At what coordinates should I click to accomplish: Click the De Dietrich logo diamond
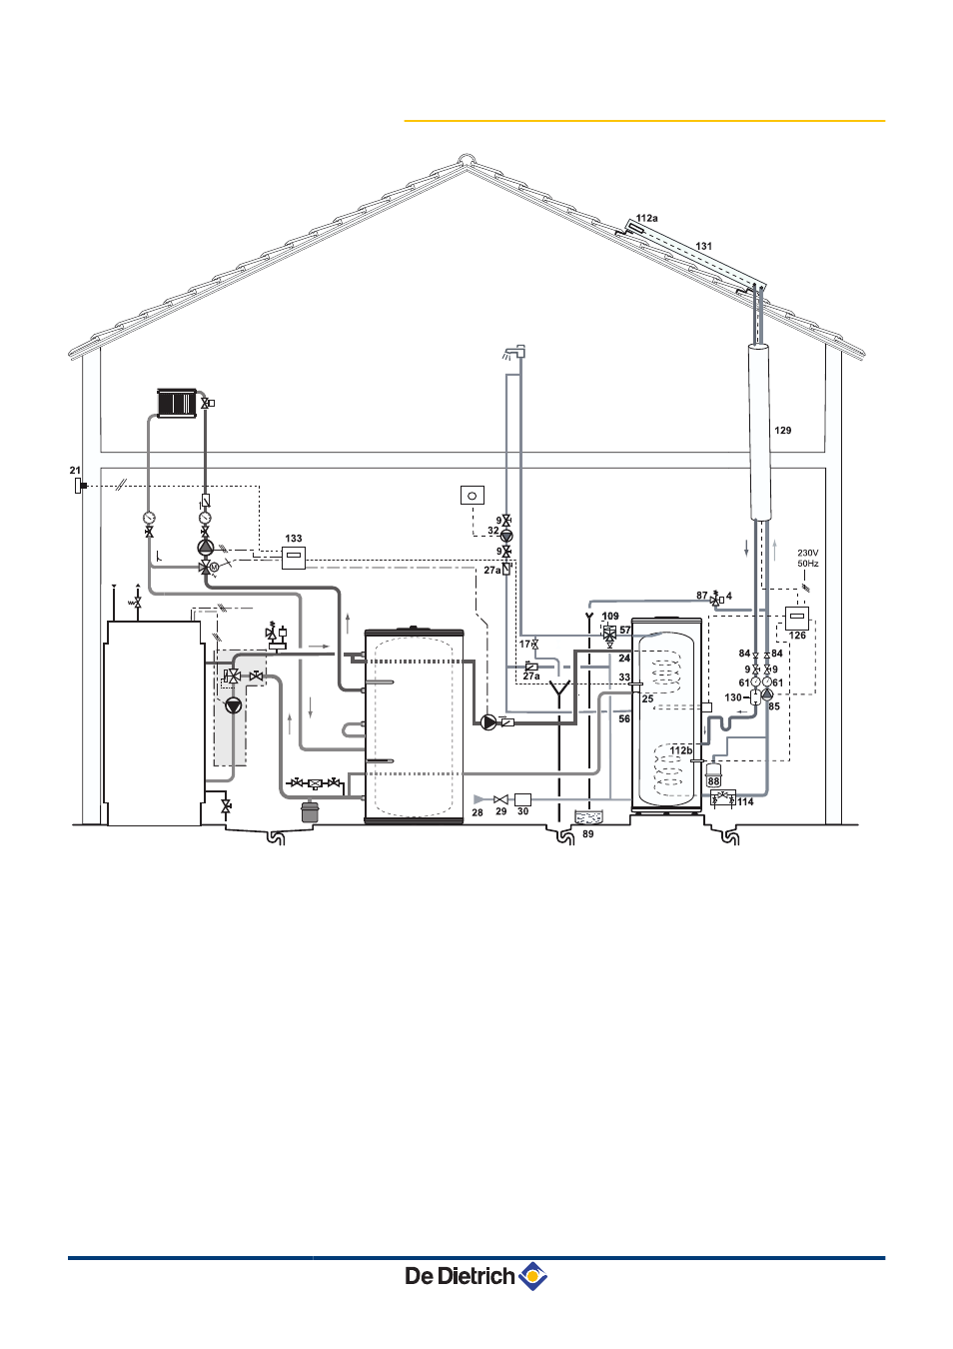(x=532, y=1275)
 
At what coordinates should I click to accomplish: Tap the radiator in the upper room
(x=177, y=403)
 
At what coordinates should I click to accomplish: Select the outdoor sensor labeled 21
(x=79, y=486)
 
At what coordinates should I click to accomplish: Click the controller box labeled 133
(x=294, y=558)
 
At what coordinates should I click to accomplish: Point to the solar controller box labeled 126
(x=797, y=619)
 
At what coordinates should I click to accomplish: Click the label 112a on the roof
(x=646, y=218)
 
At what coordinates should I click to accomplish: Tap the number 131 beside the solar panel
(x=703, y=246)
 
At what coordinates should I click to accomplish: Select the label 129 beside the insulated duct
(x=782, y=430)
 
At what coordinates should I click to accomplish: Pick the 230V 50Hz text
(x=808, y=558)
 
